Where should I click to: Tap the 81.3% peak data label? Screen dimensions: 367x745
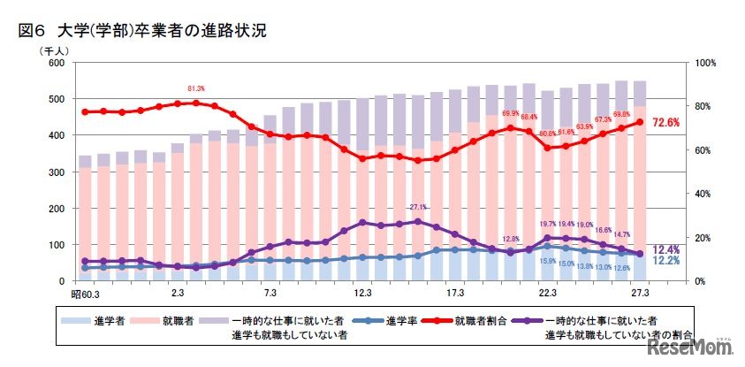[x=196, y=89]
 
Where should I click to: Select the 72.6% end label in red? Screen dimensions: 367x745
[x=665, y=123]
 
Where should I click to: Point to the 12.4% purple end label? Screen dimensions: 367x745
[x=666, y=249]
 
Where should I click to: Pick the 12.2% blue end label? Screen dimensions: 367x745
[x=666, y=262]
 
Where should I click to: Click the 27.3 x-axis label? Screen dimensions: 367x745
[x=641, y=293]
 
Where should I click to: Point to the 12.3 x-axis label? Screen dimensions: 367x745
[x=361, y=293]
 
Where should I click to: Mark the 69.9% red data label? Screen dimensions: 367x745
[x=510, y=114]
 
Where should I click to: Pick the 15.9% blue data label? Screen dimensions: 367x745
[x=547, y=261]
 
